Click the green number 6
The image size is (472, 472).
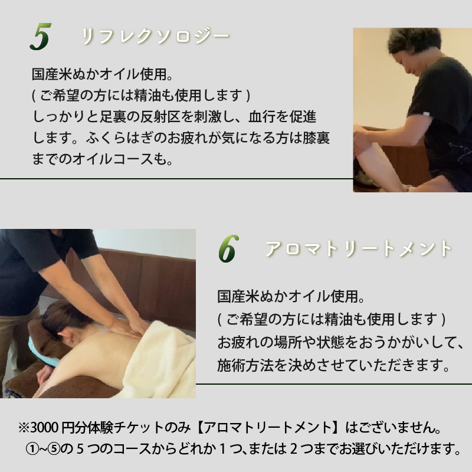click(227, 250)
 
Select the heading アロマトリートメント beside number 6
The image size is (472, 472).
click(359, 249)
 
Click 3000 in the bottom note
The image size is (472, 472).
click(45, 426)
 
